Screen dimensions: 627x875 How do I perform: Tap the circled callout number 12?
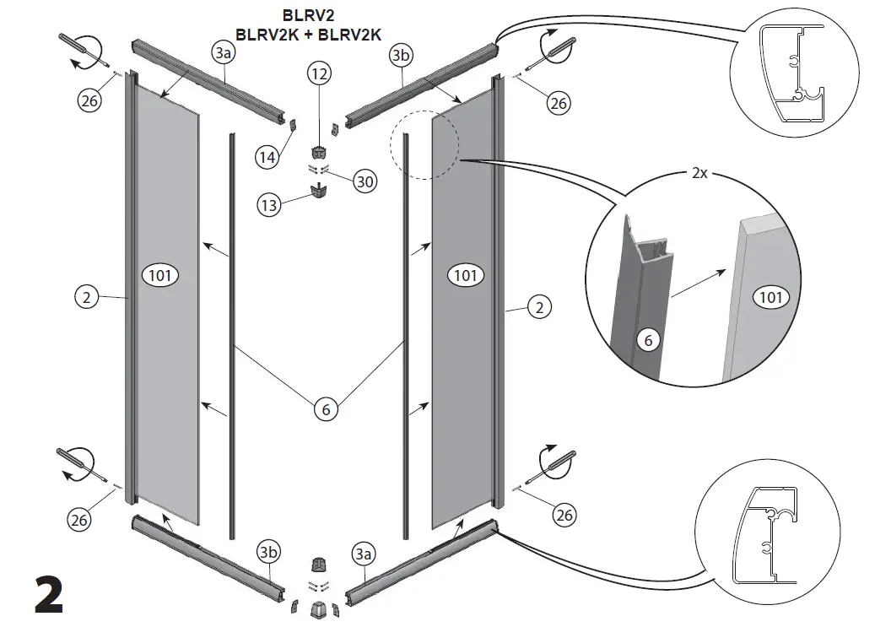(320, 74)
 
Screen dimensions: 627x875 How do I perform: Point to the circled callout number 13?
(269, 205)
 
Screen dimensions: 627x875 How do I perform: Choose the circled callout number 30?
(365, 181)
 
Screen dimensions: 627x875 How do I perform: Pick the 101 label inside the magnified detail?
(770, 296)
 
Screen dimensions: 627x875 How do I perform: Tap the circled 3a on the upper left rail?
(224, 53)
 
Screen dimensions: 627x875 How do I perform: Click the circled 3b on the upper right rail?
(401, 57)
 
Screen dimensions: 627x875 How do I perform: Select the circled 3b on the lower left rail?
(269, 553)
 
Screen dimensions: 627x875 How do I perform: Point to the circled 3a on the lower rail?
(364, 554)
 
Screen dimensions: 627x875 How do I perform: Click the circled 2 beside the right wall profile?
(540, 307)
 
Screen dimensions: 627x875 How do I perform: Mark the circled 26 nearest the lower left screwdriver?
(79, 521)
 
